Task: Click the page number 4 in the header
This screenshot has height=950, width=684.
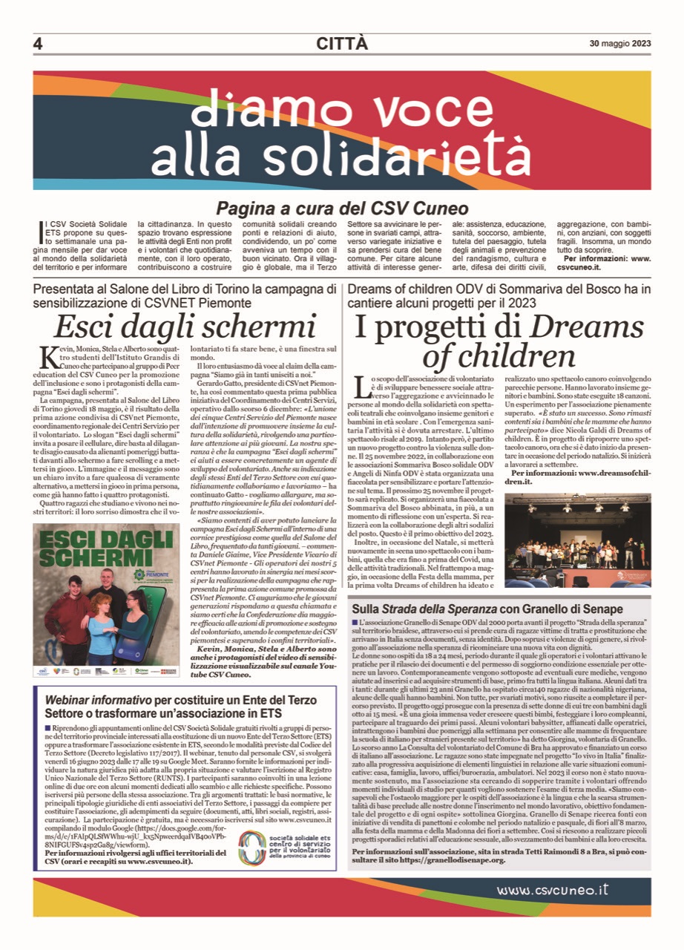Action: (x=38, y=44)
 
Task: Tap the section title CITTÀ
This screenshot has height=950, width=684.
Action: (x=341, y=44)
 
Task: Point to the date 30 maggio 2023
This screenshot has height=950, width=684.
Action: (x=620, y=43)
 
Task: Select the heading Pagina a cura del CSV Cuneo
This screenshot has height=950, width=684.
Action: (x=342, y=208)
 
